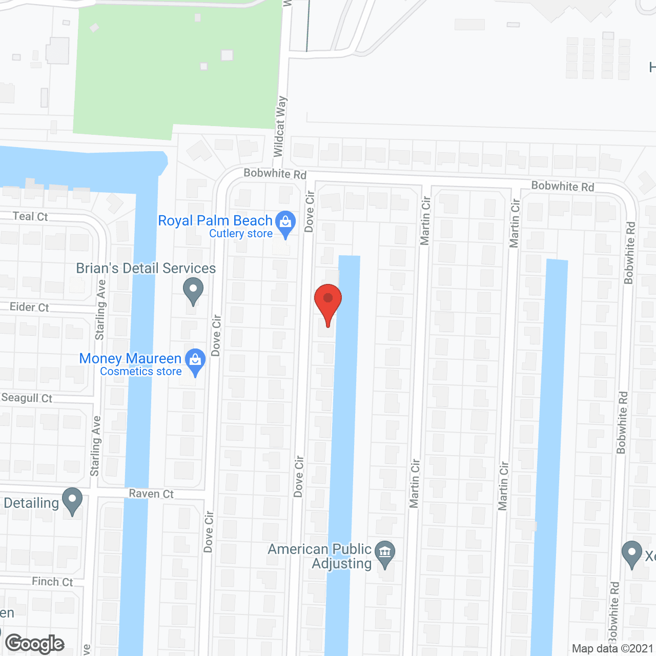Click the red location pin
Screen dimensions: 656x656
tap(327, 302)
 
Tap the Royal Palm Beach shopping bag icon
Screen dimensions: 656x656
tap(285, 223)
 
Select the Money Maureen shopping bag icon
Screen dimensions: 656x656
tap(195, 360)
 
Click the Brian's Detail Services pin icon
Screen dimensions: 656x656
tap(193, 290)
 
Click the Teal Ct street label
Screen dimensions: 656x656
tap(30, 216)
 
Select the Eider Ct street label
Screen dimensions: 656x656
tap(29, 307)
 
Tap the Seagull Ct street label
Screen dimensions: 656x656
tap(27, 398)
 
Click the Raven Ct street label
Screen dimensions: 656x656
tap(151, 494)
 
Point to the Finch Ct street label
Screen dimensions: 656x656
tap(52, 582)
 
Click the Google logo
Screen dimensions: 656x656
tap(35, 644)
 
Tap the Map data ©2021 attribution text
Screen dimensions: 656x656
tap(612, 649)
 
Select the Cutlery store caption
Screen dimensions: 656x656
tap(241, 234)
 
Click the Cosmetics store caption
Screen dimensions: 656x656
tap(141, 372)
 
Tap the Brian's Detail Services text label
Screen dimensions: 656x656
tap(146, 268)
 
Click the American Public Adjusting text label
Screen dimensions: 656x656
tap(320, 556)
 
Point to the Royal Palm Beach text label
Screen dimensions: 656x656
tap(215, 220)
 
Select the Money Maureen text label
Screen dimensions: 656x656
tap(131, 358)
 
